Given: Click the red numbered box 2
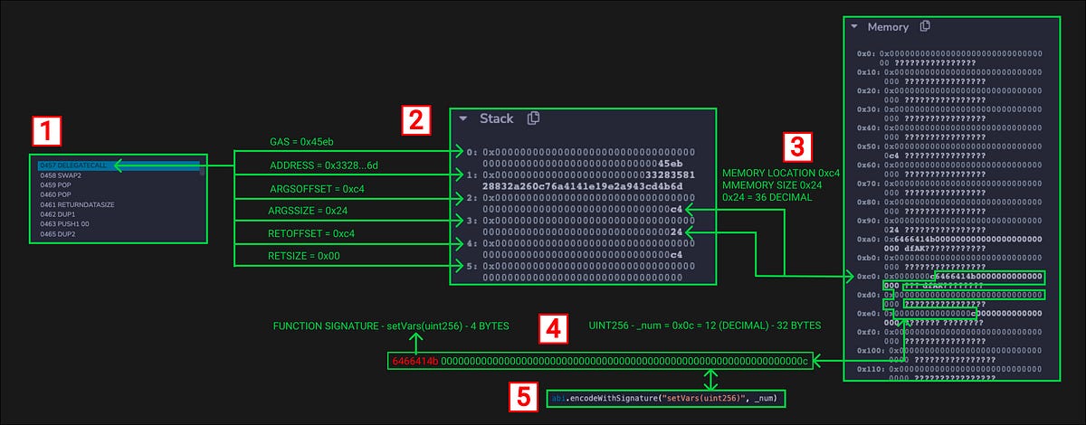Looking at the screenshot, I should click(415, 119).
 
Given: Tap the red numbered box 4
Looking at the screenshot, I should click(552, 328).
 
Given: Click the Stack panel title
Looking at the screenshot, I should click(496, 118).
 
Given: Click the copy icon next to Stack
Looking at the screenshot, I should click(534, 118).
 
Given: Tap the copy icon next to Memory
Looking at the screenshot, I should click(925, 27).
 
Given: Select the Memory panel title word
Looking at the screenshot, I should click(888, 27).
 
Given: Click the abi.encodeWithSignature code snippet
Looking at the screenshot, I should click(665, 397).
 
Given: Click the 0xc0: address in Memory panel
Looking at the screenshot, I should click(867, 275).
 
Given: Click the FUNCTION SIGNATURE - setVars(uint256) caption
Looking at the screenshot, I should click(391, 325).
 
